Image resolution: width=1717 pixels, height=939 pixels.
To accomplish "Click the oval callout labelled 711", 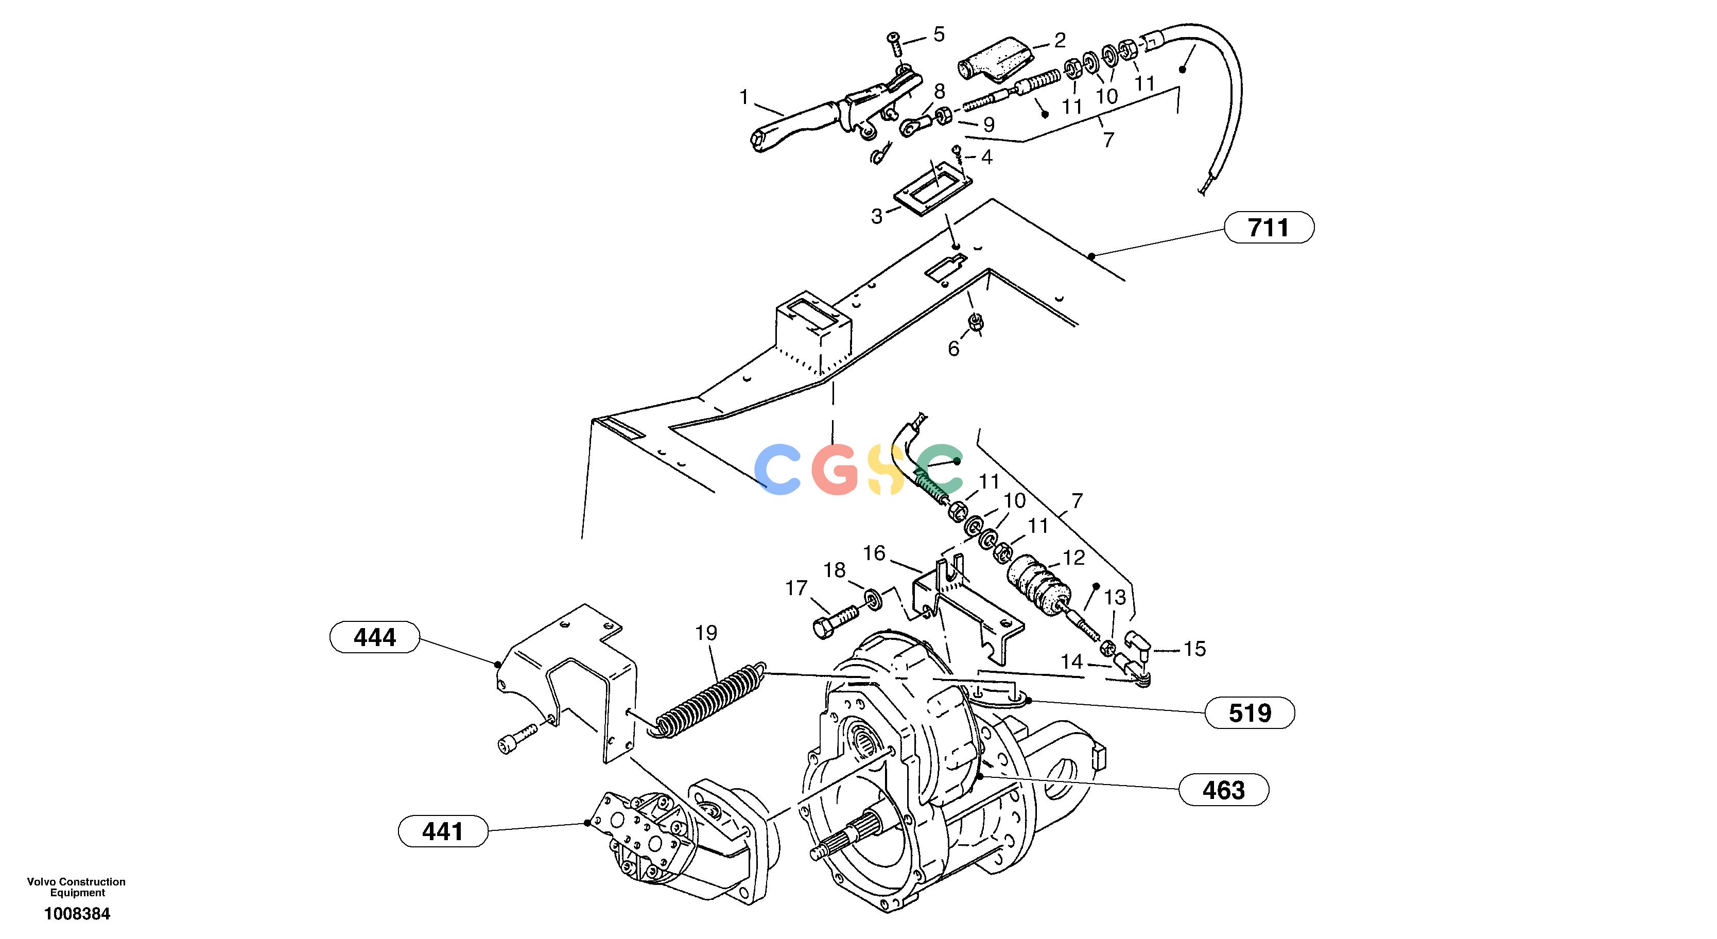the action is pos(1269,228).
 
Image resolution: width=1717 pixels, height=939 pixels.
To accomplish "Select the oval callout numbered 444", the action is pos(375,638).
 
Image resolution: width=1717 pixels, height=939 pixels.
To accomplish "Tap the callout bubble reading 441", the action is pos(443,832).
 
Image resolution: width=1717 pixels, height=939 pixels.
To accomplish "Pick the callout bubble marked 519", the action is pos(1250,714).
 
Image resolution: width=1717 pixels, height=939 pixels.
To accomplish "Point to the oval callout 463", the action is pos(1224,790).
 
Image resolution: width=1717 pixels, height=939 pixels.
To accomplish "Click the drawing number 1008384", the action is pos(77,914).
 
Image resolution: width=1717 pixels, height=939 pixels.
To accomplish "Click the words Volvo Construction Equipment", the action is pos(77,887).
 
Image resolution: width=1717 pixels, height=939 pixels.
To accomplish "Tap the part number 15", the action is pos(1194,649).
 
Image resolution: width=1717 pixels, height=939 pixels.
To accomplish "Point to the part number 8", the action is pos(939,91).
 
